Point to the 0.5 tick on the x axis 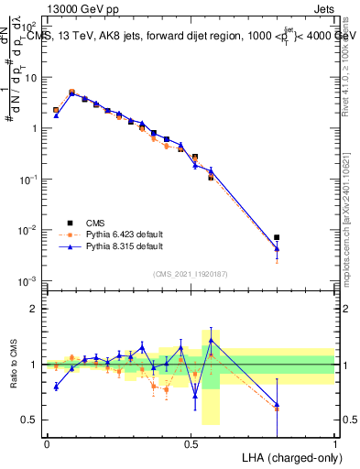191,442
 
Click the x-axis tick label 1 335,442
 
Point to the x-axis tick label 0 47,442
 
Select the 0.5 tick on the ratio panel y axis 30,420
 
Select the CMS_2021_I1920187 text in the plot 191,273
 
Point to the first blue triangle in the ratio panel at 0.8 56,387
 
